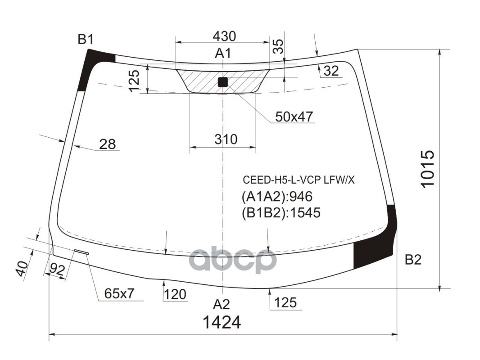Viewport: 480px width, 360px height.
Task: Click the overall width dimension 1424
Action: point(222,323)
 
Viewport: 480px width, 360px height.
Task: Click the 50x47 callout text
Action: point(294,117)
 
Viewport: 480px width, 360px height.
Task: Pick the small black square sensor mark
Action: point(223,82)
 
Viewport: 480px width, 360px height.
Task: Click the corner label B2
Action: point(412,260)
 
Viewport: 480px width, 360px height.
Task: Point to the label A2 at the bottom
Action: point(221,304)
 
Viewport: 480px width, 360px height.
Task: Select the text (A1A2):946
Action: point(277,197)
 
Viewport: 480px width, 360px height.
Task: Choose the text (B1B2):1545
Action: point(281,212)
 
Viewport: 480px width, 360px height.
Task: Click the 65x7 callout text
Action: point(119,294)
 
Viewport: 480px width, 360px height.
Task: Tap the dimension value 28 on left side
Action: point(107,144)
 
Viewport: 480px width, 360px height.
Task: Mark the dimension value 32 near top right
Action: point(331,71)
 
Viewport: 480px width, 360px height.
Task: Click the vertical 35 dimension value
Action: point(279,46)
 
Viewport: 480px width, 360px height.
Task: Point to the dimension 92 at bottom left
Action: point(57,270)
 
